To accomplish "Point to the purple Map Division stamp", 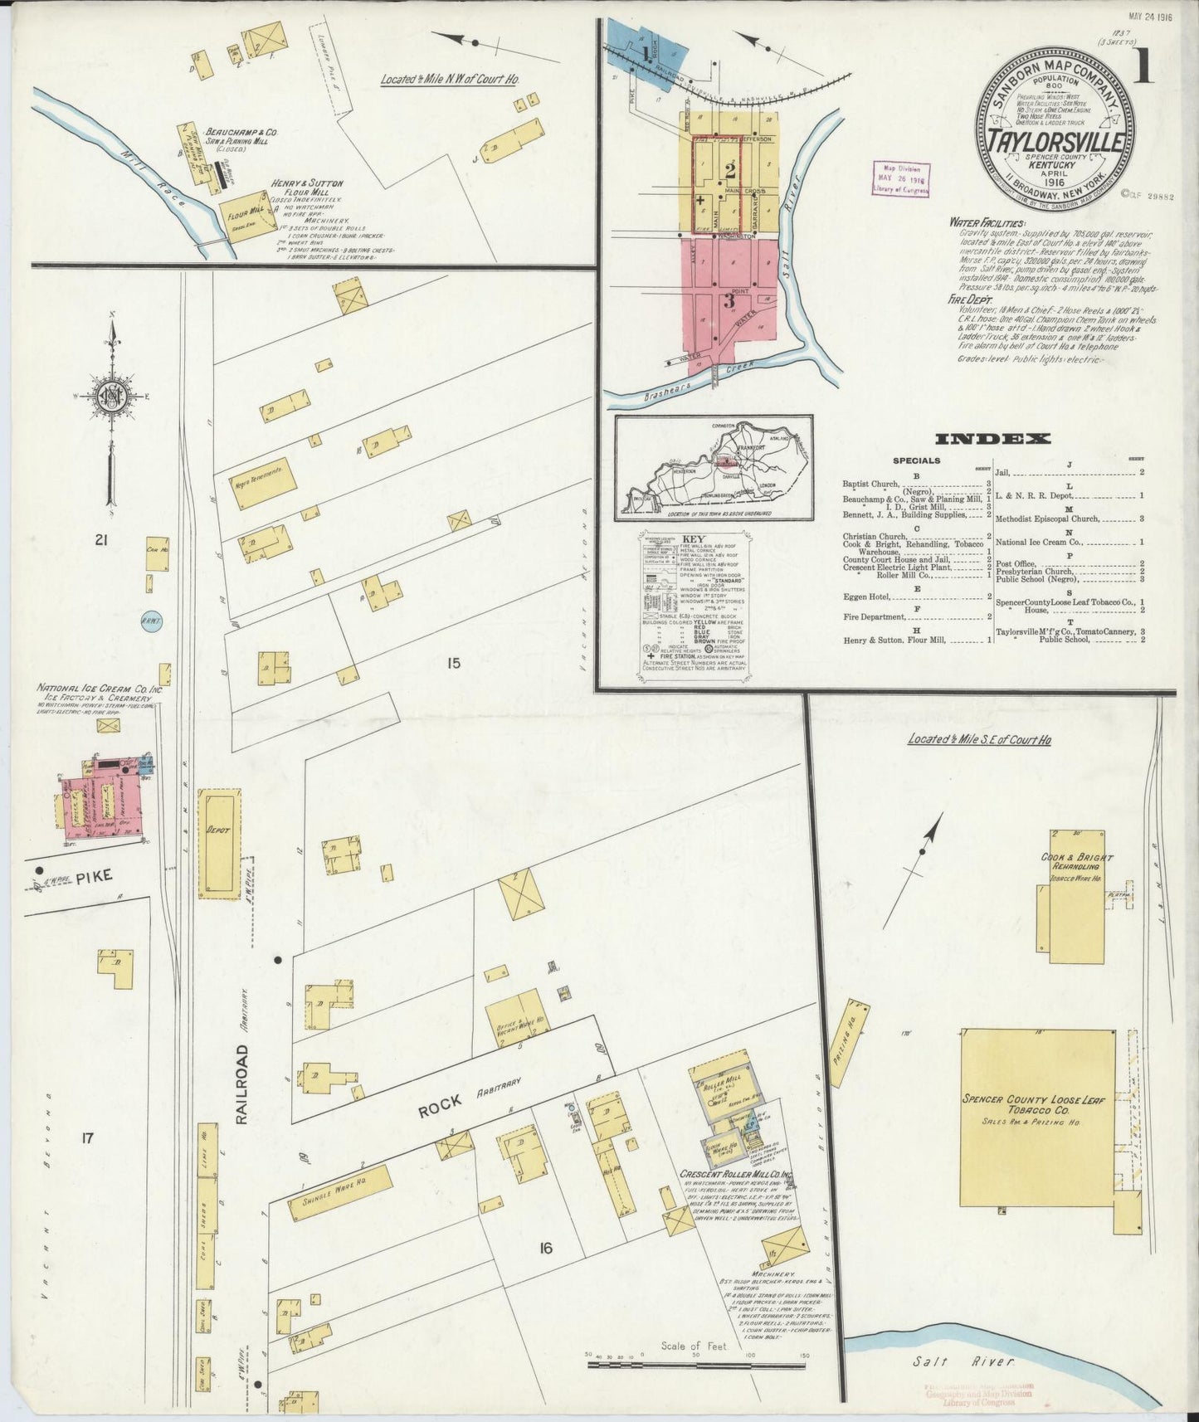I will [900, 178].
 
